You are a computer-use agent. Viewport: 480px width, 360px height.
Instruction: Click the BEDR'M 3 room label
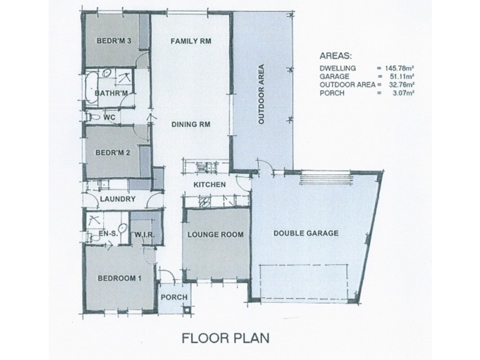tap(114, 41)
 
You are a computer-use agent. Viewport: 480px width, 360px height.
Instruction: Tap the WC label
tap(109, 118)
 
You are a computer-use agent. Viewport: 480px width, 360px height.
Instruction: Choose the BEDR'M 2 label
tap(114, 152)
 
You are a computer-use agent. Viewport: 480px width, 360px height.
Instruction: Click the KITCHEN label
tap(209, 184)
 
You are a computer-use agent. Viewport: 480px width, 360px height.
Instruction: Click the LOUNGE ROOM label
tap(215, 235)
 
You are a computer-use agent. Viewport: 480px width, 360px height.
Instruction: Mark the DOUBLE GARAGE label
tap(306, 233)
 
